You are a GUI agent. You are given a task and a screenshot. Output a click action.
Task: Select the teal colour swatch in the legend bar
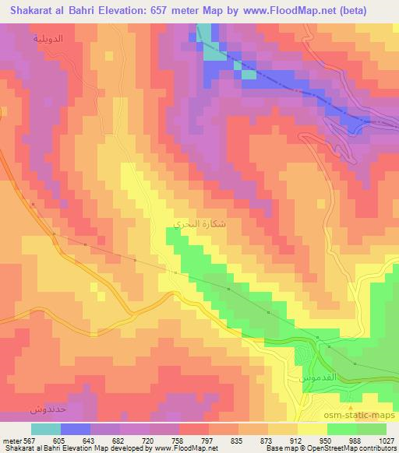46,429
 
